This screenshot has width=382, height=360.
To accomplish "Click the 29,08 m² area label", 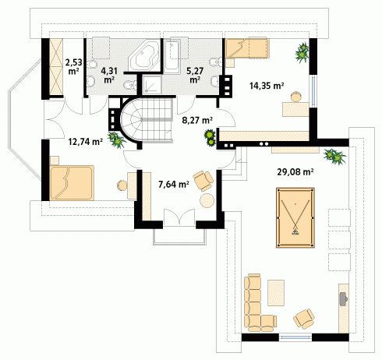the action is pos(295,171).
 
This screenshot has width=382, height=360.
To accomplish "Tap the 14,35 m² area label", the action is pos(267,86).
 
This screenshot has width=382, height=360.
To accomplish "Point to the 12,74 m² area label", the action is pos(85,142).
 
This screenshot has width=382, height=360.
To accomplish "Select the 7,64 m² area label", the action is pos(174,184).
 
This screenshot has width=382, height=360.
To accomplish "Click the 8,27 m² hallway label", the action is pos(197,120).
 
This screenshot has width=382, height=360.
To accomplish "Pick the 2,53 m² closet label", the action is pos(73,66).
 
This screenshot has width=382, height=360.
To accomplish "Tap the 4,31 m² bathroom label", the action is pos(109,76).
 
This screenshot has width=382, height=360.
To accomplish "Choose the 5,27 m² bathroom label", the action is pos(195,76).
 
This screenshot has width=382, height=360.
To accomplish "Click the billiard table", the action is pos(295,218).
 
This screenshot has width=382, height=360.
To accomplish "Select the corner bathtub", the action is pos(144,56).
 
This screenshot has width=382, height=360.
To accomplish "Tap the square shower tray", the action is pos(151,85).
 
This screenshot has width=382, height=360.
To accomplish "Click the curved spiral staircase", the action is pos(147,120).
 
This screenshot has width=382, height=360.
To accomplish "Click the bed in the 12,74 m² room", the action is pos(72,183).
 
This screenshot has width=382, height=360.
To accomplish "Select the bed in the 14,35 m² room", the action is pos(247,48).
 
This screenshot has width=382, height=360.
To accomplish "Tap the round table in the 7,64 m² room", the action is pos(207,200).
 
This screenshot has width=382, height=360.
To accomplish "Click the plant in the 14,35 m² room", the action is pos(302,53).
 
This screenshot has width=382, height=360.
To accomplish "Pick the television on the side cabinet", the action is pos(344,299).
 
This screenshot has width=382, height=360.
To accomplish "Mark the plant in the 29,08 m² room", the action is pos(334,156).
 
